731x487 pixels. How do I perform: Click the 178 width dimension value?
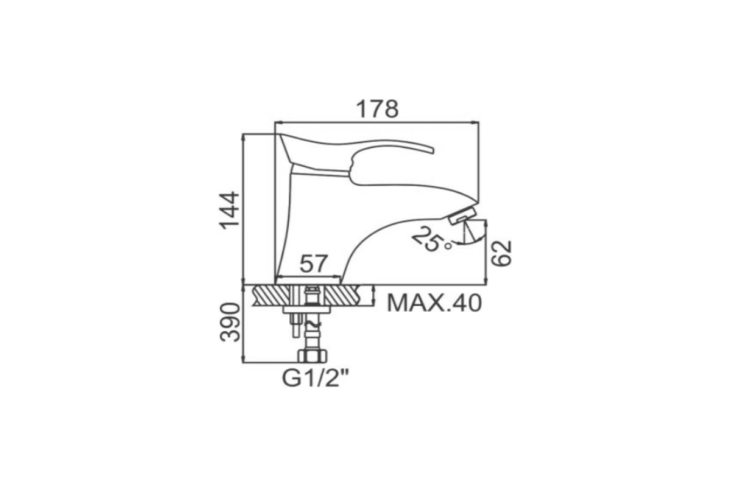[x=377, y=109]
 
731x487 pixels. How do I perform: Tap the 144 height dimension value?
[x=230, y=211]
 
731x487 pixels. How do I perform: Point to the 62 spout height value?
[x=501, y=253]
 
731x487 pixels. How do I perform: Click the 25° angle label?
[x=431, y=240]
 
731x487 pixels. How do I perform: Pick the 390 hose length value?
[x=230, y=322]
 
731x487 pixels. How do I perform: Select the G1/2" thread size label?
[x=316, y=379]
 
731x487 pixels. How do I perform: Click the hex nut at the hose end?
[x=312, y=356]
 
